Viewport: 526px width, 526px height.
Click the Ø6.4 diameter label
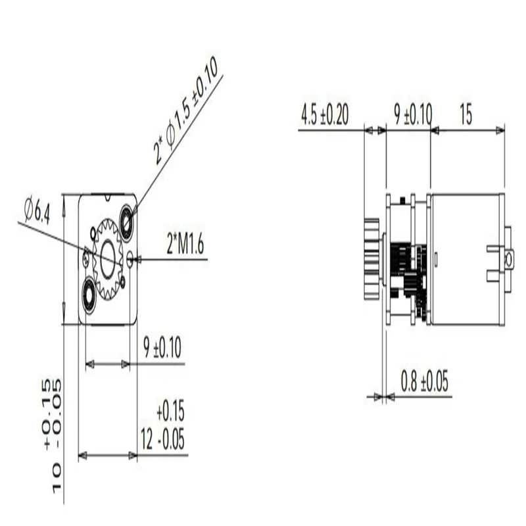37,211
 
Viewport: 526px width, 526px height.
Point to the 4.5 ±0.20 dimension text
324,114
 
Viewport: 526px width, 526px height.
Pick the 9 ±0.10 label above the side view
412,114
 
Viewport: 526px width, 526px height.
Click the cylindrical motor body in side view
464,260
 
